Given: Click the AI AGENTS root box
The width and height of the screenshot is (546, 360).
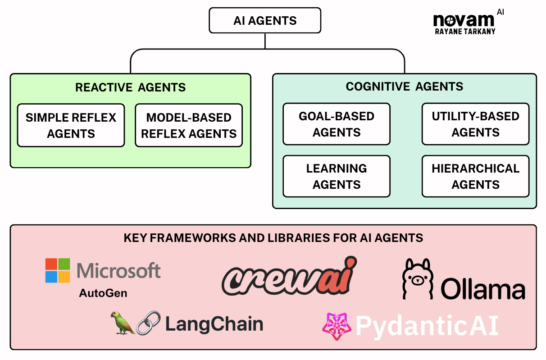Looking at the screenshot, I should coord(265,21).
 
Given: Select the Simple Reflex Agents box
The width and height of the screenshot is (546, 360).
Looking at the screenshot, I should coord(71,125).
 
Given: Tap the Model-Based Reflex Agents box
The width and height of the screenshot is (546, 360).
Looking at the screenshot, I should coord(189,125).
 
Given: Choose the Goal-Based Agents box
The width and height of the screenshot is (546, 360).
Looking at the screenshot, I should coord(337,124).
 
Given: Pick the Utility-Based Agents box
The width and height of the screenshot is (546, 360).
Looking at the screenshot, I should coord(475,124).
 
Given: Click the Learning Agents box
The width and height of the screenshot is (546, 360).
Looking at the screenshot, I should coord(337,176).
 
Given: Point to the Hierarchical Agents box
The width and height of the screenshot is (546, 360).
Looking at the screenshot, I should coord(475,176).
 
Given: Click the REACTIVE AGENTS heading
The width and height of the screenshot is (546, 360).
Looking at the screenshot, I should coord(130,87).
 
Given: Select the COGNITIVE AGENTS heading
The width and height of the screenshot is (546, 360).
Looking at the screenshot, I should coord(404,86).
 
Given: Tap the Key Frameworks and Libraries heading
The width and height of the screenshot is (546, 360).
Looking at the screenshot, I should coord(273,237).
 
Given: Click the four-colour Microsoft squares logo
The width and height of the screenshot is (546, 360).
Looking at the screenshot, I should coord(58,270).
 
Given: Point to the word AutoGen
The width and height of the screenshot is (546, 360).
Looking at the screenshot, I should coord(103,293).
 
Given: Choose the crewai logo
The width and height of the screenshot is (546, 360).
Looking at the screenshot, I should coord(289,277).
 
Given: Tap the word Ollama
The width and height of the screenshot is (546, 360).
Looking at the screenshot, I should coord(482,289).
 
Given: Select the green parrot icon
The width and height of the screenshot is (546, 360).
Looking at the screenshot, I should coord(123,323).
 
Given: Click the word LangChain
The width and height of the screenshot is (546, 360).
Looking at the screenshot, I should coord(214,324).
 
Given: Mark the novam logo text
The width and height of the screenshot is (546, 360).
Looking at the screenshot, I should coord(463,20).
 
